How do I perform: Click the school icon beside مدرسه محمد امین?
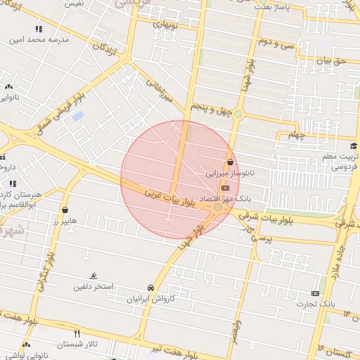click(38, 30)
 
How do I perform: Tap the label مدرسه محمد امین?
click(39, 41)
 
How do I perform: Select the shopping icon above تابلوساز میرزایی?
click(230, 162)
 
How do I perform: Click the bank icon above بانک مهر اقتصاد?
click(224, 188)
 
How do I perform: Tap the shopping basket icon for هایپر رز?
click(65, 210)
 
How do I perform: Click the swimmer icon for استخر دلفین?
click(94, 276)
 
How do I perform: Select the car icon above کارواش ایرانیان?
click(150, 288)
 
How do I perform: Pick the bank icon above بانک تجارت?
click(315, 293)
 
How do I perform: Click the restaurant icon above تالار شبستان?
click(77, 333)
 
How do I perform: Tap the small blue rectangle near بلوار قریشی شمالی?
click(77, 115)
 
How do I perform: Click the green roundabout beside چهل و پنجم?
click(238, 114)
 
